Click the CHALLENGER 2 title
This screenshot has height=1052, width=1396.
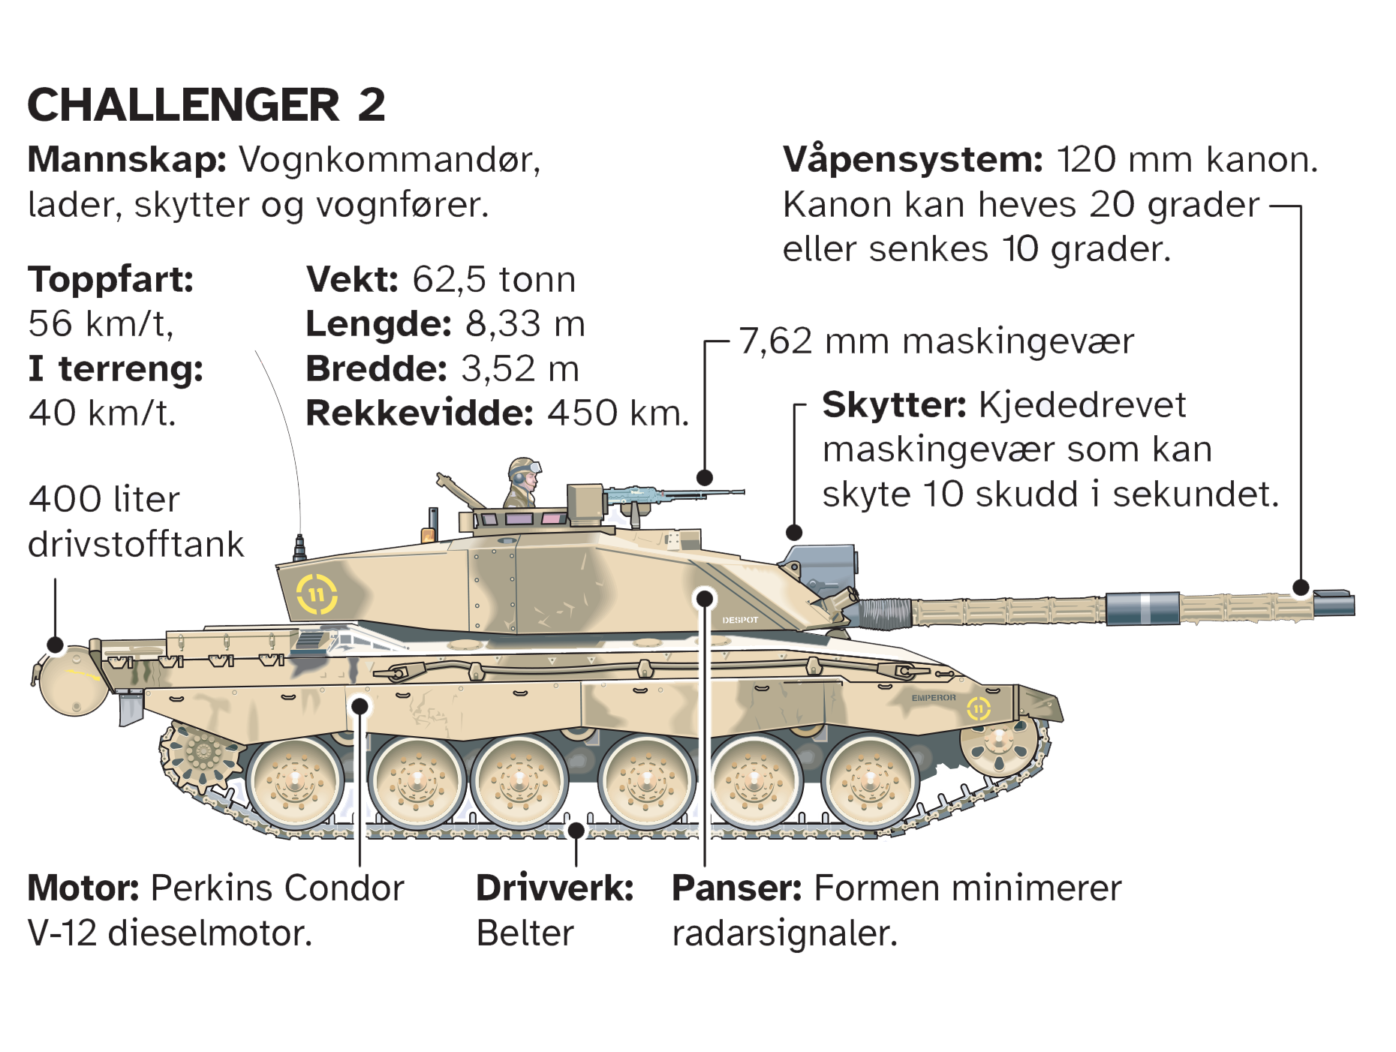tap(206, 104)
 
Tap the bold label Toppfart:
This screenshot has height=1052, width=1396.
tap(111, 281)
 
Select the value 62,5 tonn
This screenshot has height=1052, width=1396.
tap(494, 279)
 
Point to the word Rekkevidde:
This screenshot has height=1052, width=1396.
tap(420, 413)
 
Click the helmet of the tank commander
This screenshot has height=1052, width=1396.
tap(523, 468)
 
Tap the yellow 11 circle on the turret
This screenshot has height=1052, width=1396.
tap(317, 595)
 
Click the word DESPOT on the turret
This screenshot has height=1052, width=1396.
tap(740, 621)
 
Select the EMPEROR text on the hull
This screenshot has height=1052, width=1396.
tap(934, 698)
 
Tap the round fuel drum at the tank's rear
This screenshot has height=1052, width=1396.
tap(73, 681)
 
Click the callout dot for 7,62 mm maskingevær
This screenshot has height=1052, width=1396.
tap(704, 477)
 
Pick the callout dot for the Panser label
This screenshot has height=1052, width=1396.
tap(704, 598)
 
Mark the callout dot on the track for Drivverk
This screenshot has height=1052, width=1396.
tap(576, 831)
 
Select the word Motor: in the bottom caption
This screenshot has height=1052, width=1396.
tap(83, 888)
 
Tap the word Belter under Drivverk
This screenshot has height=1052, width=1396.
tap(525, 933)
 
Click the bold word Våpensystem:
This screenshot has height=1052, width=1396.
tap(913, 160)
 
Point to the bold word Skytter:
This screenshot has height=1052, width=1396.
tap(895, 405)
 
